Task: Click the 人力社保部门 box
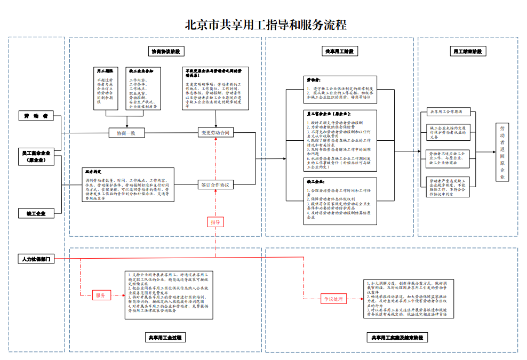pyautogui.click(x=36, y=259)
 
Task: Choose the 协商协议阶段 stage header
pyautogui.click(x=165, y=51)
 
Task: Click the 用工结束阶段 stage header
pyautogui.click(x=467, y=51)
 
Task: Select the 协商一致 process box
pyautogui.click(x=126, y=133)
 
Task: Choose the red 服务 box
pyautogui.click(x=101, y=294)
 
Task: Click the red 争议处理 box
pyautogui.click(x=334, y=299)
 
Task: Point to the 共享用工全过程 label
pyautogui.click(x=165, y=337)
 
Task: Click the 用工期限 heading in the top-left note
pyautogui.click(x=105, y=70)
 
